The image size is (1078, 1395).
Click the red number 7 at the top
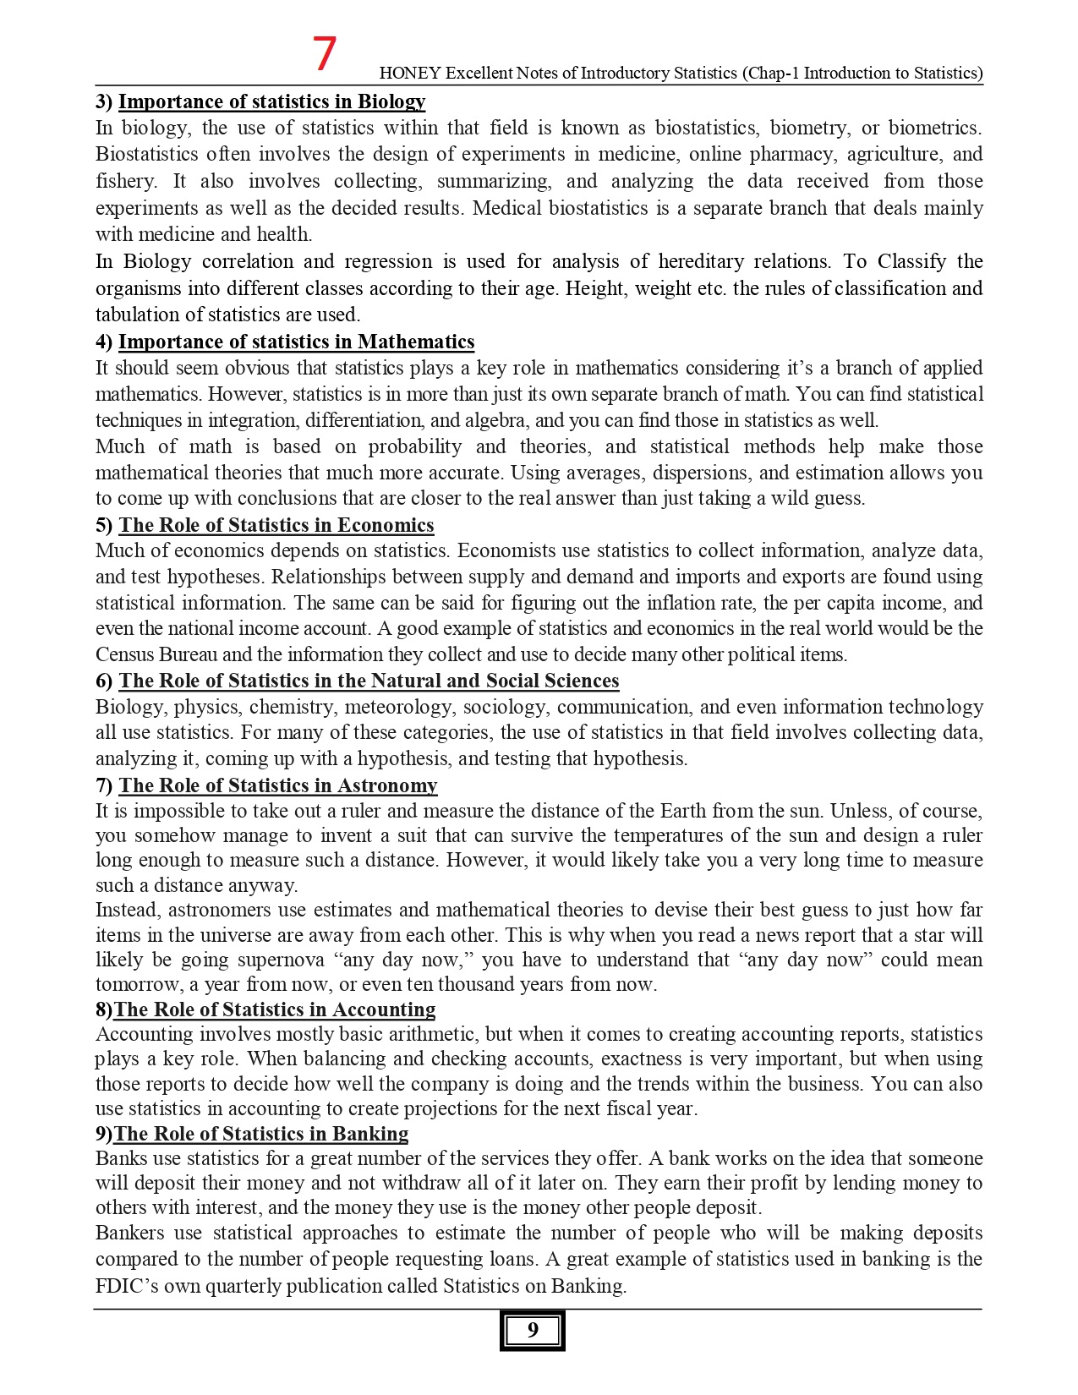(x=325, y=53)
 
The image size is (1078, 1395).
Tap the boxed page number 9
(x=532, y=1330)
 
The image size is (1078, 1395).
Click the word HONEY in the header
(x=410, y=74)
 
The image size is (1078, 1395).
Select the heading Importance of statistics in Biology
(x=271, y=101)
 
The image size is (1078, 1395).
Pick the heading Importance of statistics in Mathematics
(x=296, y=342)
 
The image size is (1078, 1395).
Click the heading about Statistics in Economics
(x=276, y=525)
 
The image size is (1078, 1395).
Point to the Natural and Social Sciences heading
(x=369, y=681)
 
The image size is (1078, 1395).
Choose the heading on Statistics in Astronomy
(x=277, y=785)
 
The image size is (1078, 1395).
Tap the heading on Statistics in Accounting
(x=274, y=1009)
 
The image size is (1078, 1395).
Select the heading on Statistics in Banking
(x=260, y=1134)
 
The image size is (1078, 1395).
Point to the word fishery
(x=125, y=182)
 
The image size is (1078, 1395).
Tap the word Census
(x=124, y=654)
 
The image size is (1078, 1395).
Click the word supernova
(x=282, y=960)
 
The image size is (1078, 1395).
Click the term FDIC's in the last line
(x=126, y=1286)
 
